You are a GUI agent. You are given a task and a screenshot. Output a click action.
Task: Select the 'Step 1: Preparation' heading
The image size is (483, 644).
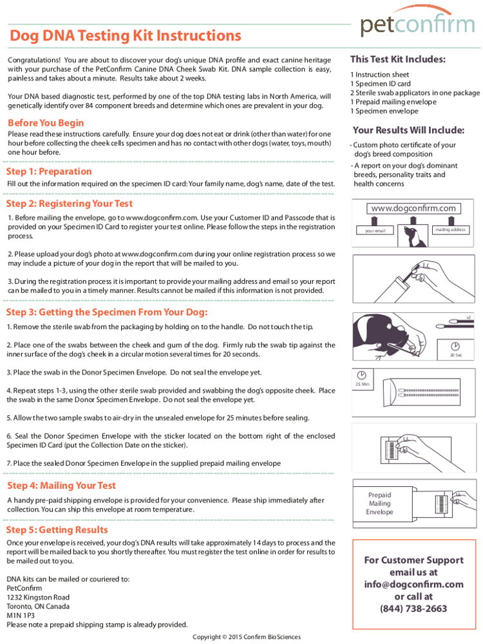click(x=49, y=171)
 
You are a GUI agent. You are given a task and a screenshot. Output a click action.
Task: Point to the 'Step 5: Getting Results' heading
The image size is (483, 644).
click(x=57, y=530)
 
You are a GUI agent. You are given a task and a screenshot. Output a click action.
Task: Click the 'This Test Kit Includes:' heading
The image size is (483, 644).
click(x=397, y=59)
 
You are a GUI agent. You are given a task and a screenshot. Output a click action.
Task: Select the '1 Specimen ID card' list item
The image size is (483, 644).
click(x=380, y=84)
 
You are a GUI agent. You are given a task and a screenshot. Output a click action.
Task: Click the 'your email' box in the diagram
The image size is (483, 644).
click(x=375, y=231)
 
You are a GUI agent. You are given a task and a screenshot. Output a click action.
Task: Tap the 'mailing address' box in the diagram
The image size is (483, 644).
click(x=450, y=230)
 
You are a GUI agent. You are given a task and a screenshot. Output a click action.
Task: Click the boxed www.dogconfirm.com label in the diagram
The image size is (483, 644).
click(x=413, y=208)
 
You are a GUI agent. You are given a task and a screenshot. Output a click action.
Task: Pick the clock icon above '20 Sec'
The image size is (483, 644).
click(x=455, y=346)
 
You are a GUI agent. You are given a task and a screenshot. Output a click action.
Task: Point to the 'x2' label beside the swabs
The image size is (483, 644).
click(x=468, y=317)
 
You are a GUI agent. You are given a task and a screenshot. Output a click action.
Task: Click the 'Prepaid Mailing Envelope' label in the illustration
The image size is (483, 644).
click(x=379, y=504)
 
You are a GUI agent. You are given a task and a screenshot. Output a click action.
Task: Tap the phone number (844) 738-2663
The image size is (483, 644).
click(x=413, y=609)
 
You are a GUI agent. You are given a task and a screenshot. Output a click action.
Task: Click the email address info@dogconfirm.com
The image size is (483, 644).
click(x=413, y=584)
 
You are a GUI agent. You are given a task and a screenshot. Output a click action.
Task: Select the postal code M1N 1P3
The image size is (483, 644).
click(x=22, y=615)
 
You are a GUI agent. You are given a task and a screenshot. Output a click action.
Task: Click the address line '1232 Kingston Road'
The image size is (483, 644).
click(x=38, y=597)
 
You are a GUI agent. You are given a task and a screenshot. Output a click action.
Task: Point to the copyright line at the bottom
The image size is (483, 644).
click(x=246, y=637)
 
